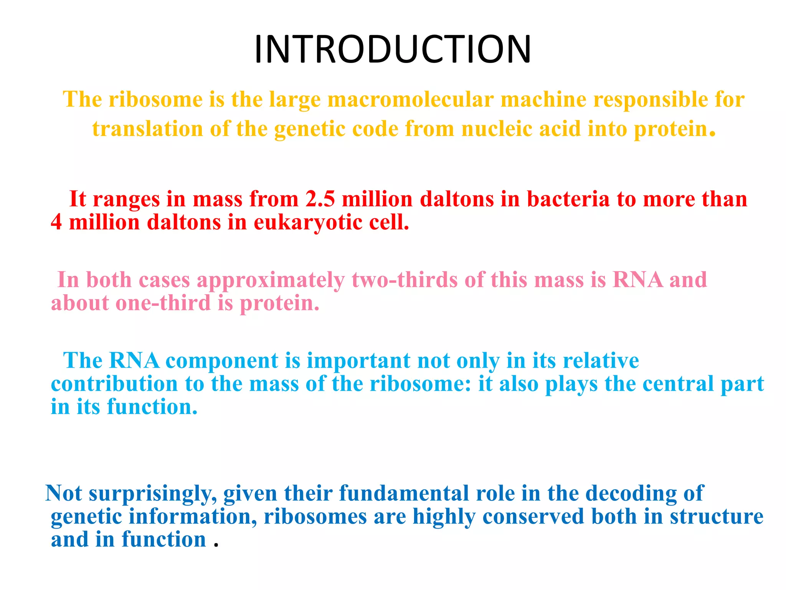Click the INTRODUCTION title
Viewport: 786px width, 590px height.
(x=393, y=49)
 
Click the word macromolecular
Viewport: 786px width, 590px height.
(x=410, y=99)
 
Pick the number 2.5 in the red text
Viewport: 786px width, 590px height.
(x=320, y=199)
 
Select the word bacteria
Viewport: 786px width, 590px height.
(x=568, y=199)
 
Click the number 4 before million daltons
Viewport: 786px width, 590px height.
(x=56, y=222)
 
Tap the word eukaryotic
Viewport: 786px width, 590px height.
(x=308, y=222)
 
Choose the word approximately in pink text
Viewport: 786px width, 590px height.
(x=271, y=280)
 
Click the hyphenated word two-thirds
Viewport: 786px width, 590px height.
(x=405, y=280)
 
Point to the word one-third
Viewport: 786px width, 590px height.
(x=163, y=303)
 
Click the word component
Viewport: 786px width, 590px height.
(x=221, y=361)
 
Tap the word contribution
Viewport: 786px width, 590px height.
(x=114, y=384)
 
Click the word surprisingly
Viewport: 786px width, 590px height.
(x=153, y=494)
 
